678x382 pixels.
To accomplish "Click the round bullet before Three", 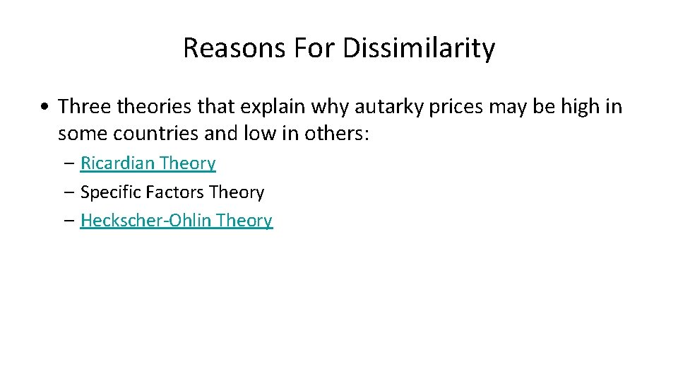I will pyautogui.click(x=44, y=108).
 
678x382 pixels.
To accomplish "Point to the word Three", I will pyautogui.click(x=82, y=106).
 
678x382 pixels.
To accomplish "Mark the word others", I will pyautogui.click(x=338, y=133).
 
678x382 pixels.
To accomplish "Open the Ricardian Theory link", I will pyautogui.click(x=148, y=163).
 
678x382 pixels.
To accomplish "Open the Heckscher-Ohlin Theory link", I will pyautogui.click(x=176, y=221).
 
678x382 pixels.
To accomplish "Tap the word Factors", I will pyautogui.click(x=172, y=192).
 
